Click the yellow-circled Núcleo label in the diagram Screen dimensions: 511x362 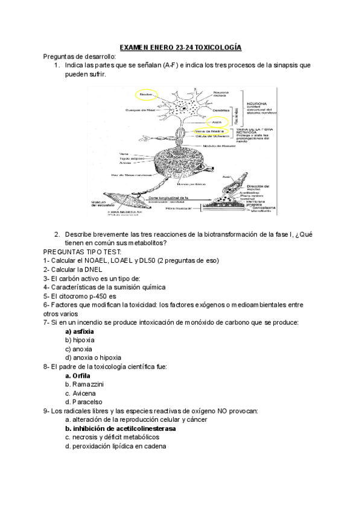click(145, 95)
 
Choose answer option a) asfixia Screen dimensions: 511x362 click(80, 331)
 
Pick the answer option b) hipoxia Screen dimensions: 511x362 click(81, 340)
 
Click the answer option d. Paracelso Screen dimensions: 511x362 click(83, 401)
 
